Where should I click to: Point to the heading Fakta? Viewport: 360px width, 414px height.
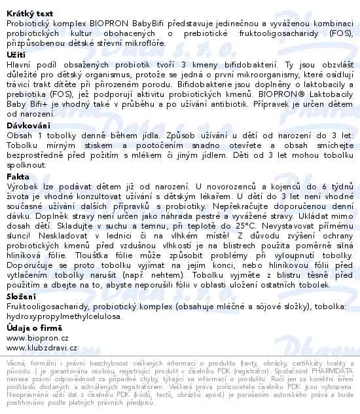point(18,176)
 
